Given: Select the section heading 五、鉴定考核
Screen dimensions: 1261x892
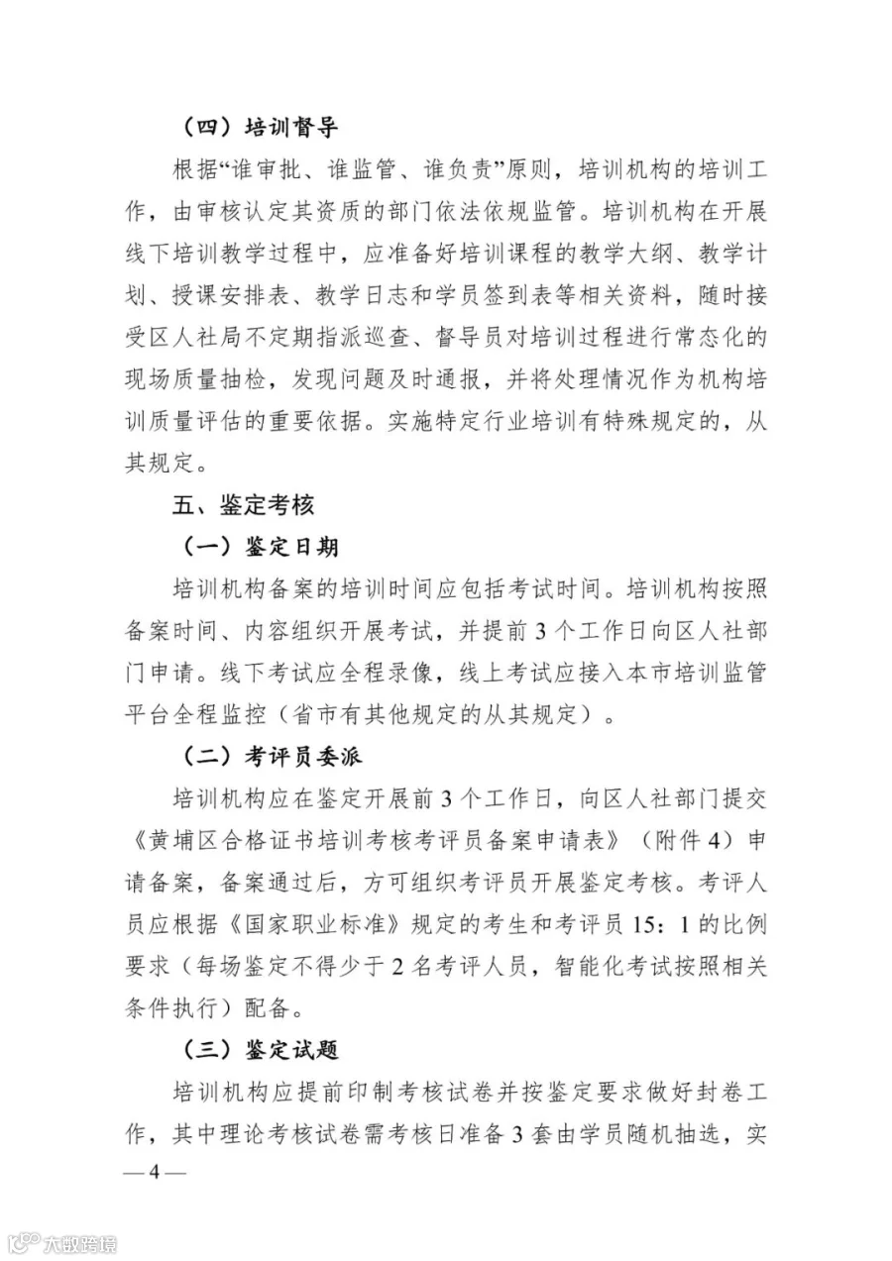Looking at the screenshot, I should pos(242,504).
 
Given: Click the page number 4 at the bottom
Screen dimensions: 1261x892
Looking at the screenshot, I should pos(154,1173).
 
